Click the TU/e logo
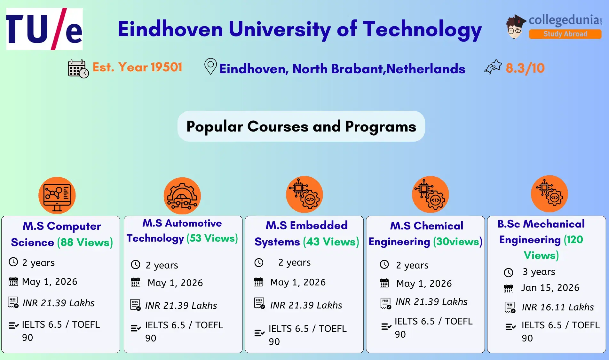pyautogui.click(x=44, y=29)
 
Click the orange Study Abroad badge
pyautogui.click(x=565, y=34)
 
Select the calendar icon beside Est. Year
pyautogui.click(x=78, y=68)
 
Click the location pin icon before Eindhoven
pyautogui.click(x=210, y=66)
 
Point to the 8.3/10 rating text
pyautogui.click(x=525, y=68)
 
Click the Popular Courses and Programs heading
pyautogui.click(x=301, y=126)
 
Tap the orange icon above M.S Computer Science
pyautogui.click(x=57, y=195)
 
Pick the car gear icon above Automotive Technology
pyautogui.click(x=182, y=196)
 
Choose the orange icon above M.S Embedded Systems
pyautogui.click(x=304, y=194)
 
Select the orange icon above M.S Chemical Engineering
pyautogui.click(x=430, y=194)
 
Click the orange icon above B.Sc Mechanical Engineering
pyautogui.click(x=549, y=194)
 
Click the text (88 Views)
pyautogui.click(x=85, y=242)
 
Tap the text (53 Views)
pyautogui.click(x=212, y=238)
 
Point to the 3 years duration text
pyautogui.click(x=539, y=272)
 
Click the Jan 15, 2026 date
pyautogui.click(x=550, y=288)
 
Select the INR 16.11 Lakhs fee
pyautogui.click(x=558, y=307)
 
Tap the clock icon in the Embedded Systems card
pyautogui.click(x=259, y=263)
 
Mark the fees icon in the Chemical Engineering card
pyautogui.click(x=386, y=303)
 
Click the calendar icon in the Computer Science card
pyautogui.click(x=13, y=282)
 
